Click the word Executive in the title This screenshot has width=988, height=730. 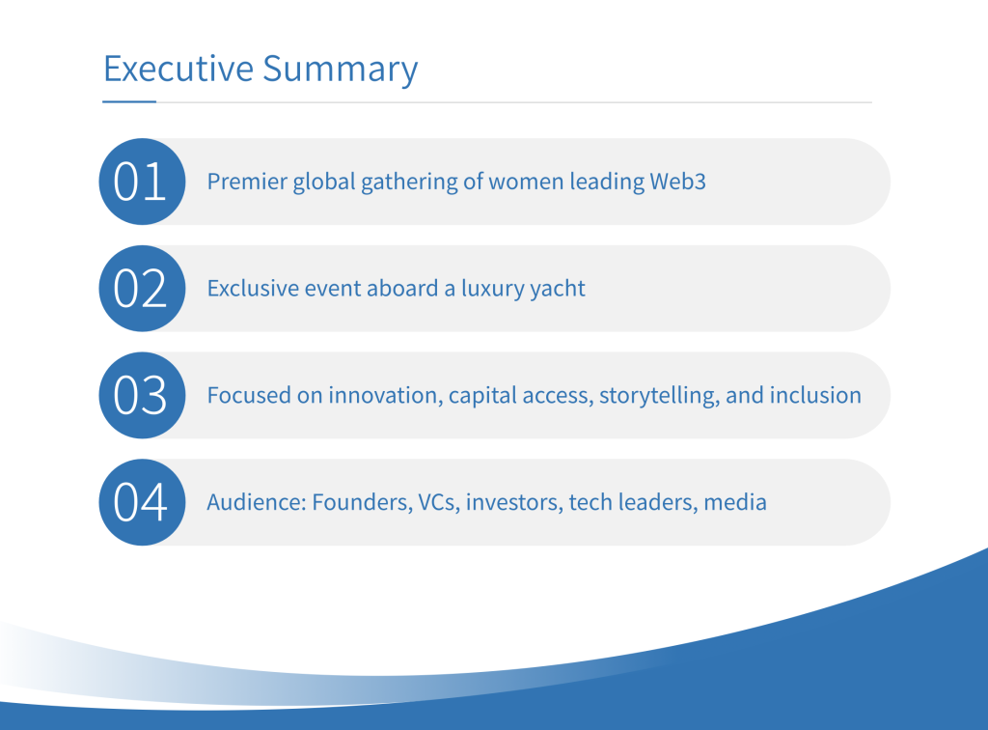tap(178, 69)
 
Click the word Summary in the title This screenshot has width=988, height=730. tap(341, 70)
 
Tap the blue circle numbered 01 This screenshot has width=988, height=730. tap(143, 182)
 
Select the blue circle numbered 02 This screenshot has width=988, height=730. tap(143, 288)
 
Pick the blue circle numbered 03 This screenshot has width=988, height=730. tap(143, 395)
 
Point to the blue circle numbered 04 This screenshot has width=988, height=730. tap(143, 502)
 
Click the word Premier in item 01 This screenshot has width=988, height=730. tap(247, 182)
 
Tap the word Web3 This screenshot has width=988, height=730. tap(677, 182)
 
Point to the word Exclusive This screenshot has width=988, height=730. tap(254, 288)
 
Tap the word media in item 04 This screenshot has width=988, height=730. tap(734, 502)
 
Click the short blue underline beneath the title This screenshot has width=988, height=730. tap(129, 100)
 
